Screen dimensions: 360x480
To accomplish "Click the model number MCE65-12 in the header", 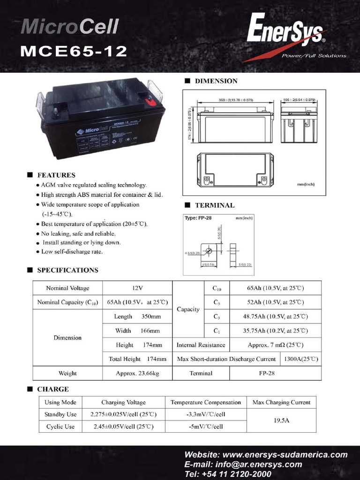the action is pyautogui.click(x=74, y=51).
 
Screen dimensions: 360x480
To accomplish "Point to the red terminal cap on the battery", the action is pyautogui.click(x=150, y=100).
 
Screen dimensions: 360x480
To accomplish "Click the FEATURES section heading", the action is pyautogui.click(x=56, y=175).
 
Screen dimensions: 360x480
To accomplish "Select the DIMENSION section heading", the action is pyautogui.click(x=216, y=81).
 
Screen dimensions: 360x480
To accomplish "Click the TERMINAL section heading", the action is pyautogui.click(x=215, y=205).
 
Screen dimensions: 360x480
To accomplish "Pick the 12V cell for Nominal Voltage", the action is pyautogui.click(x=137, y=288).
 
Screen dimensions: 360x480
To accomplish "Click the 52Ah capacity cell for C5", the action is pyautogui.click(x=275, y=302).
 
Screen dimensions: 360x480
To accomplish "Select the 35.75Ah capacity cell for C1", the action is pyautogui.click(x=275, y=331).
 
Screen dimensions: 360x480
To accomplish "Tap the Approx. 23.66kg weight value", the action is pyautogui.click(x=137, y=374).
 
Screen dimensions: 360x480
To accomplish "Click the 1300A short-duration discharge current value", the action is pyautogui.click(x=300, y=360).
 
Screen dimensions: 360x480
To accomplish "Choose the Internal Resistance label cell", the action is pyautogui.click(x=201, y=345).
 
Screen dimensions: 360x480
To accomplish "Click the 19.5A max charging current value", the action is pyautogui.click(x=281, y=420).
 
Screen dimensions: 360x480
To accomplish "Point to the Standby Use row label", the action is pyautogui.click(x=60, y=414).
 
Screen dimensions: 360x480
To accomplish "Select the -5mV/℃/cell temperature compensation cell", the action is pyautogui.click(x=205, y=427).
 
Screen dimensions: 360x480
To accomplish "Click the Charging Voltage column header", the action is pyautogui.click(x=123, y=402).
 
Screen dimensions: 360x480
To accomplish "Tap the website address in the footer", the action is pyautogui.click(x=266, y=455).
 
